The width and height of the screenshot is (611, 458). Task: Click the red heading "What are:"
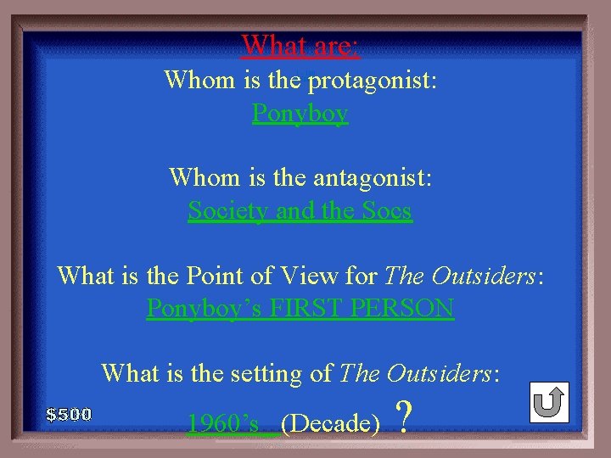[300, 45]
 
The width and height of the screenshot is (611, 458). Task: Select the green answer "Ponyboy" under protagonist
[300, 113]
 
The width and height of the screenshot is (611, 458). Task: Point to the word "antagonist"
[371, 177]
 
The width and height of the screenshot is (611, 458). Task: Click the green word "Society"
[227, 209]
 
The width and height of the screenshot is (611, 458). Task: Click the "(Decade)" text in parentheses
[329, 422]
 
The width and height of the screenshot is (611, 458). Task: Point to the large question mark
[405, 417]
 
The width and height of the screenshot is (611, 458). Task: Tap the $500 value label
[69, 415]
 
